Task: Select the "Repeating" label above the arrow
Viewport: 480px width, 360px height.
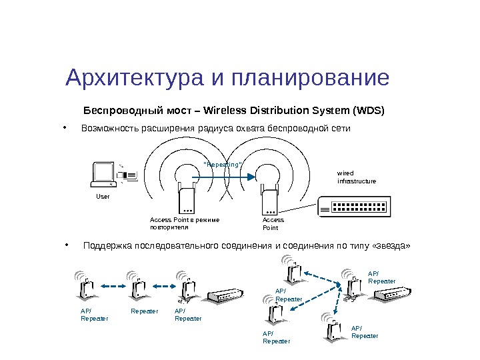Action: pyautogui.click(x=222, y=164)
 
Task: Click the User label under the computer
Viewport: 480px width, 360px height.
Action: pyautogui.click(x=103, y=197)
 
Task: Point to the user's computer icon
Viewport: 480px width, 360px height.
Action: pyautogui.click(x=105, y=173)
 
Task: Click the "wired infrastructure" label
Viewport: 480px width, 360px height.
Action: pyautogui.click(x=356, y=177)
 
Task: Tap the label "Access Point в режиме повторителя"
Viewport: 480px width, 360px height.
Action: pyautogui.click(x=184, y=223)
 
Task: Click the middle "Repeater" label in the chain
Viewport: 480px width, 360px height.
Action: pyautogui.click(x=145, y=311)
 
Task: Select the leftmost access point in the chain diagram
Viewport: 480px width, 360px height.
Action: pyautogui.click(x=87, y=287)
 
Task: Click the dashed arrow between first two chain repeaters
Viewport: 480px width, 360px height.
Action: pyautogui.click(x=113, y=287)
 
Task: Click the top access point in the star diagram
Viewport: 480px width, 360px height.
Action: pyautogui.click(x=291, y=270)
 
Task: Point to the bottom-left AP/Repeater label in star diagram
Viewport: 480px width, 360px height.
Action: pyautogui.click(x=276, y=337)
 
